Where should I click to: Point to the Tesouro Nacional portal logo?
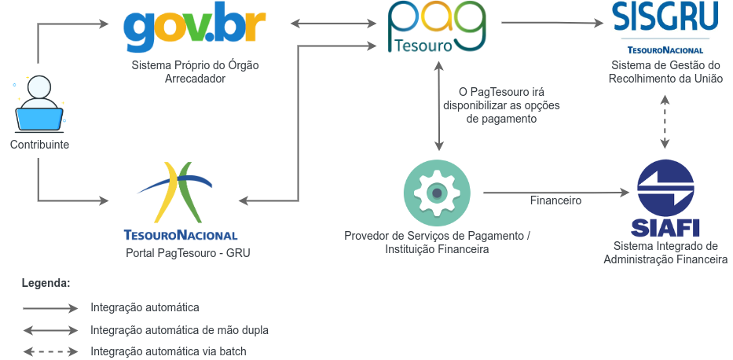pos(181,200)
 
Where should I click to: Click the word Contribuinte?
pos(39,145)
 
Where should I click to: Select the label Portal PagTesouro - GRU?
pos(182,253)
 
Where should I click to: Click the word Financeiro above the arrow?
pos(555,200)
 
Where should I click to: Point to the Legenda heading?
pos(46,281)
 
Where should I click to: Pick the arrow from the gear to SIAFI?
pos(558,192)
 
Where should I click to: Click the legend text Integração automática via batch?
pos(174,351)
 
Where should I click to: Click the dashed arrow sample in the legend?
pos(51,351)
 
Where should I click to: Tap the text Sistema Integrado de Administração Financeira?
pos(665,252)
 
